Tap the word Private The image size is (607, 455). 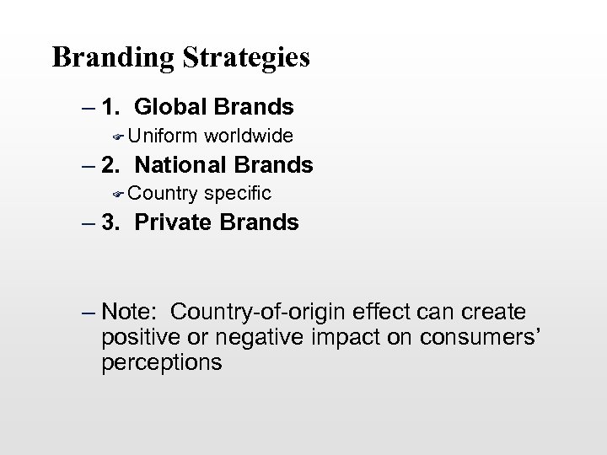(172, 222)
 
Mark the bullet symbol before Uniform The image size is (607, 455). (119, 136)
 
